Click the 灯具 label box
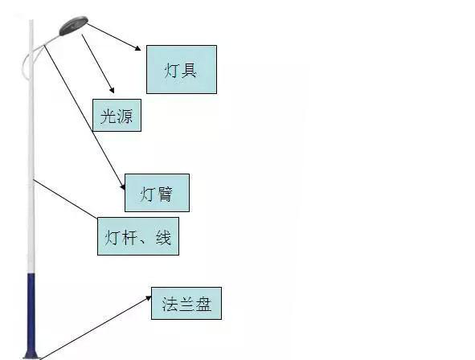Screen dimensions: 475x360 click(182, 69)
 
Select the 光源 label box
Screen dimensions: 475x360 click(117, 115)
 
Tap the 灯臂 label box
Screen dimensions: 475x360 click(157, 193)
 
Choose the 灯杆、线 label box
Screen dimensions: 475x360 click(138, 236)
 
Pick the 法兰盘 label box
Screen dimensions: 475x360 click(186, 304)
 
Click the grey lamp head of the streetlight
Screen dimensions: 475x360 click(73, 26)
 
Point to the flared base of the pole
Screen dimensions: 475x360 click(31, 354)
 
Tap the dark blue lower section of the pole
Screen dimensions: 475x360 click(31, 312)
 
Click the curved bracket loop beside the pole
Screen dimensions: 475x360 click(26, 63)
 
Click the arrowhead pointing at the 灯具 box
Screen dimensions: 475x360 click(138, 48)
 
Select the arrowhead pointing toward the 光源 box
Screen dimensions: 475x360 click(112, 90)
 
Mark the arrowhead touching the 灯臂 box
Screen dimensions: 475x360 click(123, 186)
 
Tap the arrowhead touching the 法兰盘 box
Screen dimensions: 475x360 click(149, 298)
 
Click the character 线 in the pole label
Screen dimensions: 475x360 click(164, 237)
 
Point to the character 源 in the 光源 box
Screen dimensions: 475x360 click(125, 116)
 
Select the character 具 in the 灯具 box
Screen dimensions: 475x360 click(189, 70)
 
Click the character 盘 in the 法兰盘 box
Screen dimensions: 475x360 click(203, 304)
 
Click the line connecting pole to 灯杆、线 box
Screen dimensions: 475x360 click(65, 198)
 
